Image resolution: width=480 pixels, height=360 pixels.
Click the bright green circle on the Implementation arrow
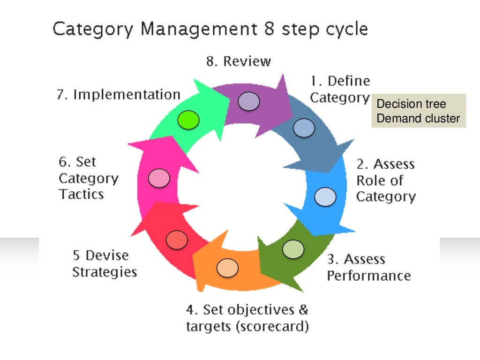pyautogui.click(x=188, y=120)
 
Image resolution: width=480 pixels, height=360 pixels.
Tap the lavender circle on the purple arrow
pyautogui.click(x=248, y=101)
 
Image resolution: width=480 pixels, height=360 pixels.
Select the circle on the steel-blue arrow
pyautogui.click(x=303, y=127)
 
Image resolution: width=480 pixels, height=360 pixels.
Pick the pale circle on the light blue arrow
pyautogui.click(x=325, y=197)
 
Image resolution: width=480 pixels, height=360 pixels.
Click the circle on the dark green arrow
pyautogui.click(x=293, y=249)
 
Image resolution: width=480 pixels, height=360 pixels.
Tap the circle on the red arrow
pyautogui.click(x=177, y=240)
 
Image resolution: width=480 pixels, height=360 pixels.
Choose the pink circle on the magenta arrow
pyautogui.click(x=159, y=178)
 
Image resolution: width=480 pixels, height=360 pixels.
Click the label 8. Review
pyautogui.click(x=239, y=61)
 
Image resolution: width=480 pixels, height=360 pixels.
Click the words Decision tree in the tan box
pyautogui.click(x=412, y=104)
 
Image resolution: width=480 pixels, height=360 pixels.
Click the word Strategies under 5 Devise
pyautogui.click(x=105, y=272)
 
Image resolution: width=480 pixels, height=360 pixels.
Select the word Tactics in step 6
pyautogui.click(x=81, y=194)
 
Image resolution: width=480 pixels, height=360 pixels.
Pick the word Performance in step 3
pyautogui.click(x=368, y=275)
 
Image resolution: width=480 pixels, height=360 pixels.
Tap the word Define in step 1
pyautogui.click(x=349, y=81)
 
